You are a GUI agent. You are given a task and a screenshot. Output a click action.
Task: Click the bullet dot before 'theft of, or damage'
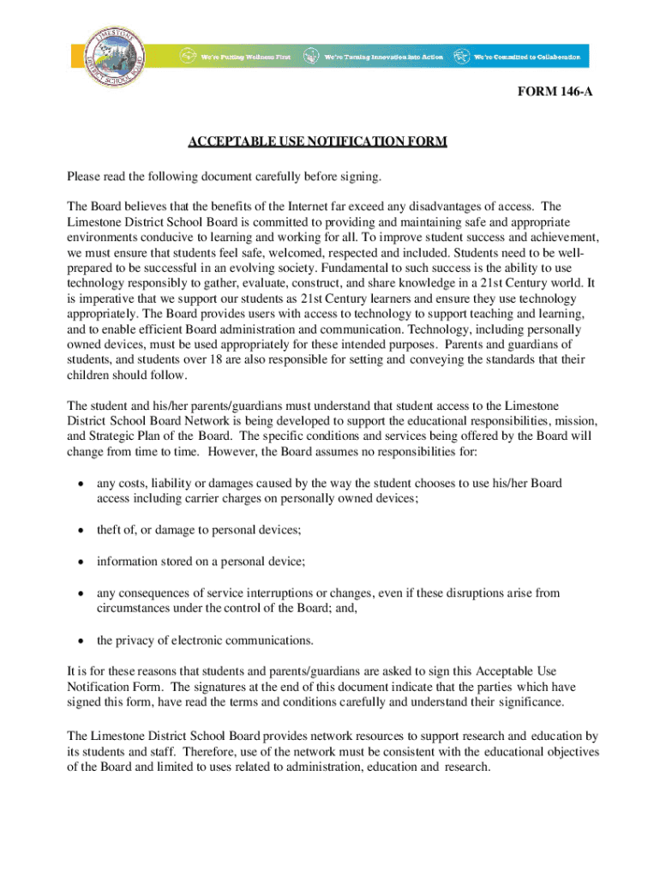click(81, 531)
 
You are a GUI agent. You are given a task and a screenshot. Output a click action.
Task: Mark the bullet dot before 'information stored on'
click(81, 562)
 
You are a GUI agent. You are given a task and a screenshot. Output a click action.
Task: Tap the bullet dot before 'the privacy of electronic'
click(81, 640)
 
